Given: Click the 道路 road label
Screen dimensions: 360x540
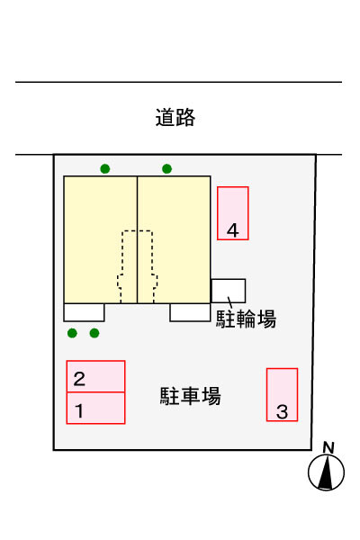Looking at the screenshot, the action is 175,117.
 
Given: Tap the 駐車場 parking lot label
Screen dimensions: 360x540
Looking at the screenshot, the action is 190,396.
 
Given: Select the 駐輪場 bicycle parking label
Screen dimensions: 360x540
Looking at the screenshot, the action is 246,319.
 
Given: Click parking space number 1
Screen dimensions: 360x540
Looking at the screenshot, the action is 95,408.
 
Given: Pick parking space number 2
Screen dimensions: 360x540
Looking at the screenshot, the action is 95,376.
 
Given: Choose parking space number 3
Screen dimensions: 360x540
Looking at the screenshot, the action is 282,395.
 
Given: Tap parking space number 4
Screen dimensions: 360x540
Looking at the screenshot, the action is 233,213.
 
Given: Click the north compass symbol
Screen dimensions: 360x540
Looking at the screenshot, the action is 326,472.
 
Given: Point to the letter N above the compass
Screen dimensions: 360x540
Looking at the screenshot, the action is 328,447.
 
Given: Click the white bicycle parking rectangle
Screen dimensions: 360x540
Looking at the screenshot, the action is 229,291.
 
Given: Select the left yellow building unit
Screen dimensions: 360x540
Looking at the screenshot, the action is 101,239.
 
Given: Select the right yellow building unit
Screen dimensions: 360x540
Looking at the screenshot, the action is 174,239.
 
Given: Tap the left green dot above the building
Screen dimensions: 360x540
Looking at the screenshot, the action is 105,169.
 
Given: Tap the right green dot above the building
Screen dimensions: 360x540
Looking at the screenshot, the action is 167,169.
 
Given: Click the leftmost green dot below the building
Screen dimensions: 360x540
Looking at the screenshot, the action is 72,333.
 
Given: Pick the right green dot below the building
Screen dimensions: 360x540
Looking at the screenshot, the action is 94,333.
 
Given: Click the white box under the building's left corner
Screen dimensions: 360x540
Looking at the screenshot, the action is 84,312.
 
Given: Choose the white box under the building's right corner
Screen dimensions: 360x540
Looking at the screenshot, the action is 190,312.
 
